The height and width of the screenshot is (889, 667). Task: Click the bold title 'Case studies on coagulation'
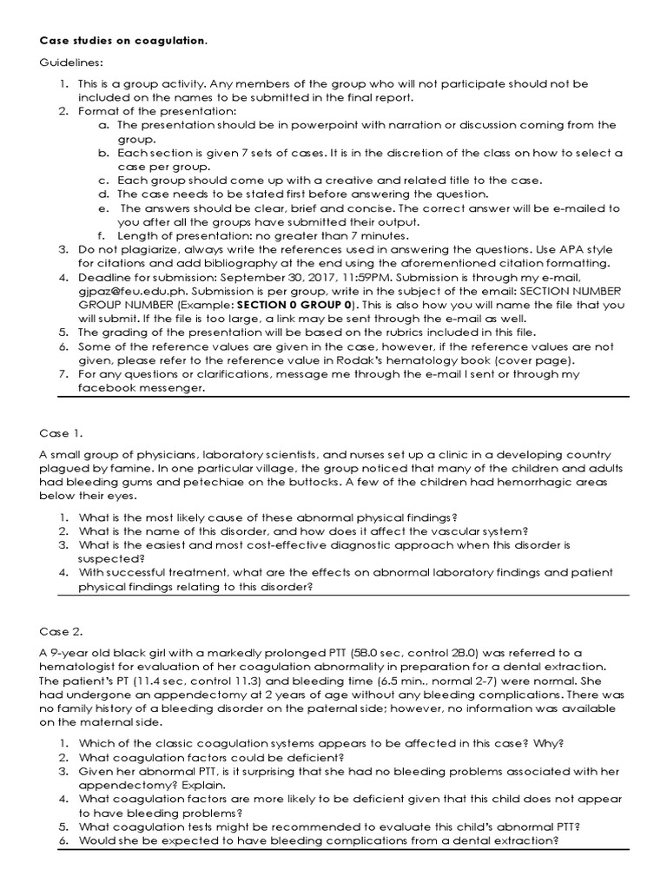(122, 41)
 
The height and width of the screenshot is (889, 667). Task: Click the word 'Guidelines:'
(69, 63)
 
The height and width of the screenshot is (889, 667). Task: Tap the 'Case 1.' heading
(62, 431)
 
